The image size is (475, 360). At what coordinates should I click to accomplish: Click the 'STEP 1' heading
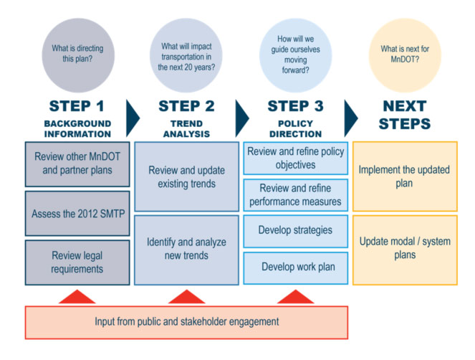click(77, 106)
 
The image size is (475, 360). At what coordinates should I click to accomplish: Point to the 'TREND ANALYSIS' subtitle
click(186, 128)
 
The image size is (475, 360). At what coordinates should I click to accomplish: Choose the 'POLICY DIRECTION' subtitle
click(295, 128)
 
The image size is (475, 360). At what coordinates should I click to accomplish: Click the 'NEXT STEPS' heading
click(406, 115)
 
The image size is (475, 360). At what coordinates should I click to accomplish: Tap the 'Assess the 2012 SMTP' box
click(77, 214)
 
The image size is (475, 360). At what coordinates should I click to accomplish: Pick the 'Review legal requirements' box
click(77, 262)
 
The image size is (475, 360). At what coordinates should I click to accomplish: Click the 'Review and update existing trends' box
click(186, 177)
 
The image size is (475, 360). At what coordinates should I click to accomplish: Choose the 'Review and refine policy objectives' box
click(295, 158)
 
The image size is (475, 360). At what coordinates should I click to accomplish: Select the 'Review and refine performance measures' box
click(295, 194)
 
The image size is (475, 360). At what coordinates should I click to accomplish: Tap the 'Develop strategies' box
click(295, 231)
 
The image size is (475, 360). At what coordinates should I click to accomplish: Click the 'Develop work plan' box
click(295, 267)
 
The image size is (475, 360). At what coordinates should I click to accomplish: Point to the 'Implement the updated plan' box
click(405, 177)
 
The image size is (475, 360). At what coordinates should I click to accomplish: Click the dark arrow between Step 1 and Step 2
click(133, 115)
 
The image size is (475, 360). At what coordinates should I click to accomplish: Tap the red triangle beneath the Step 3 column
click(295, 297)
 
